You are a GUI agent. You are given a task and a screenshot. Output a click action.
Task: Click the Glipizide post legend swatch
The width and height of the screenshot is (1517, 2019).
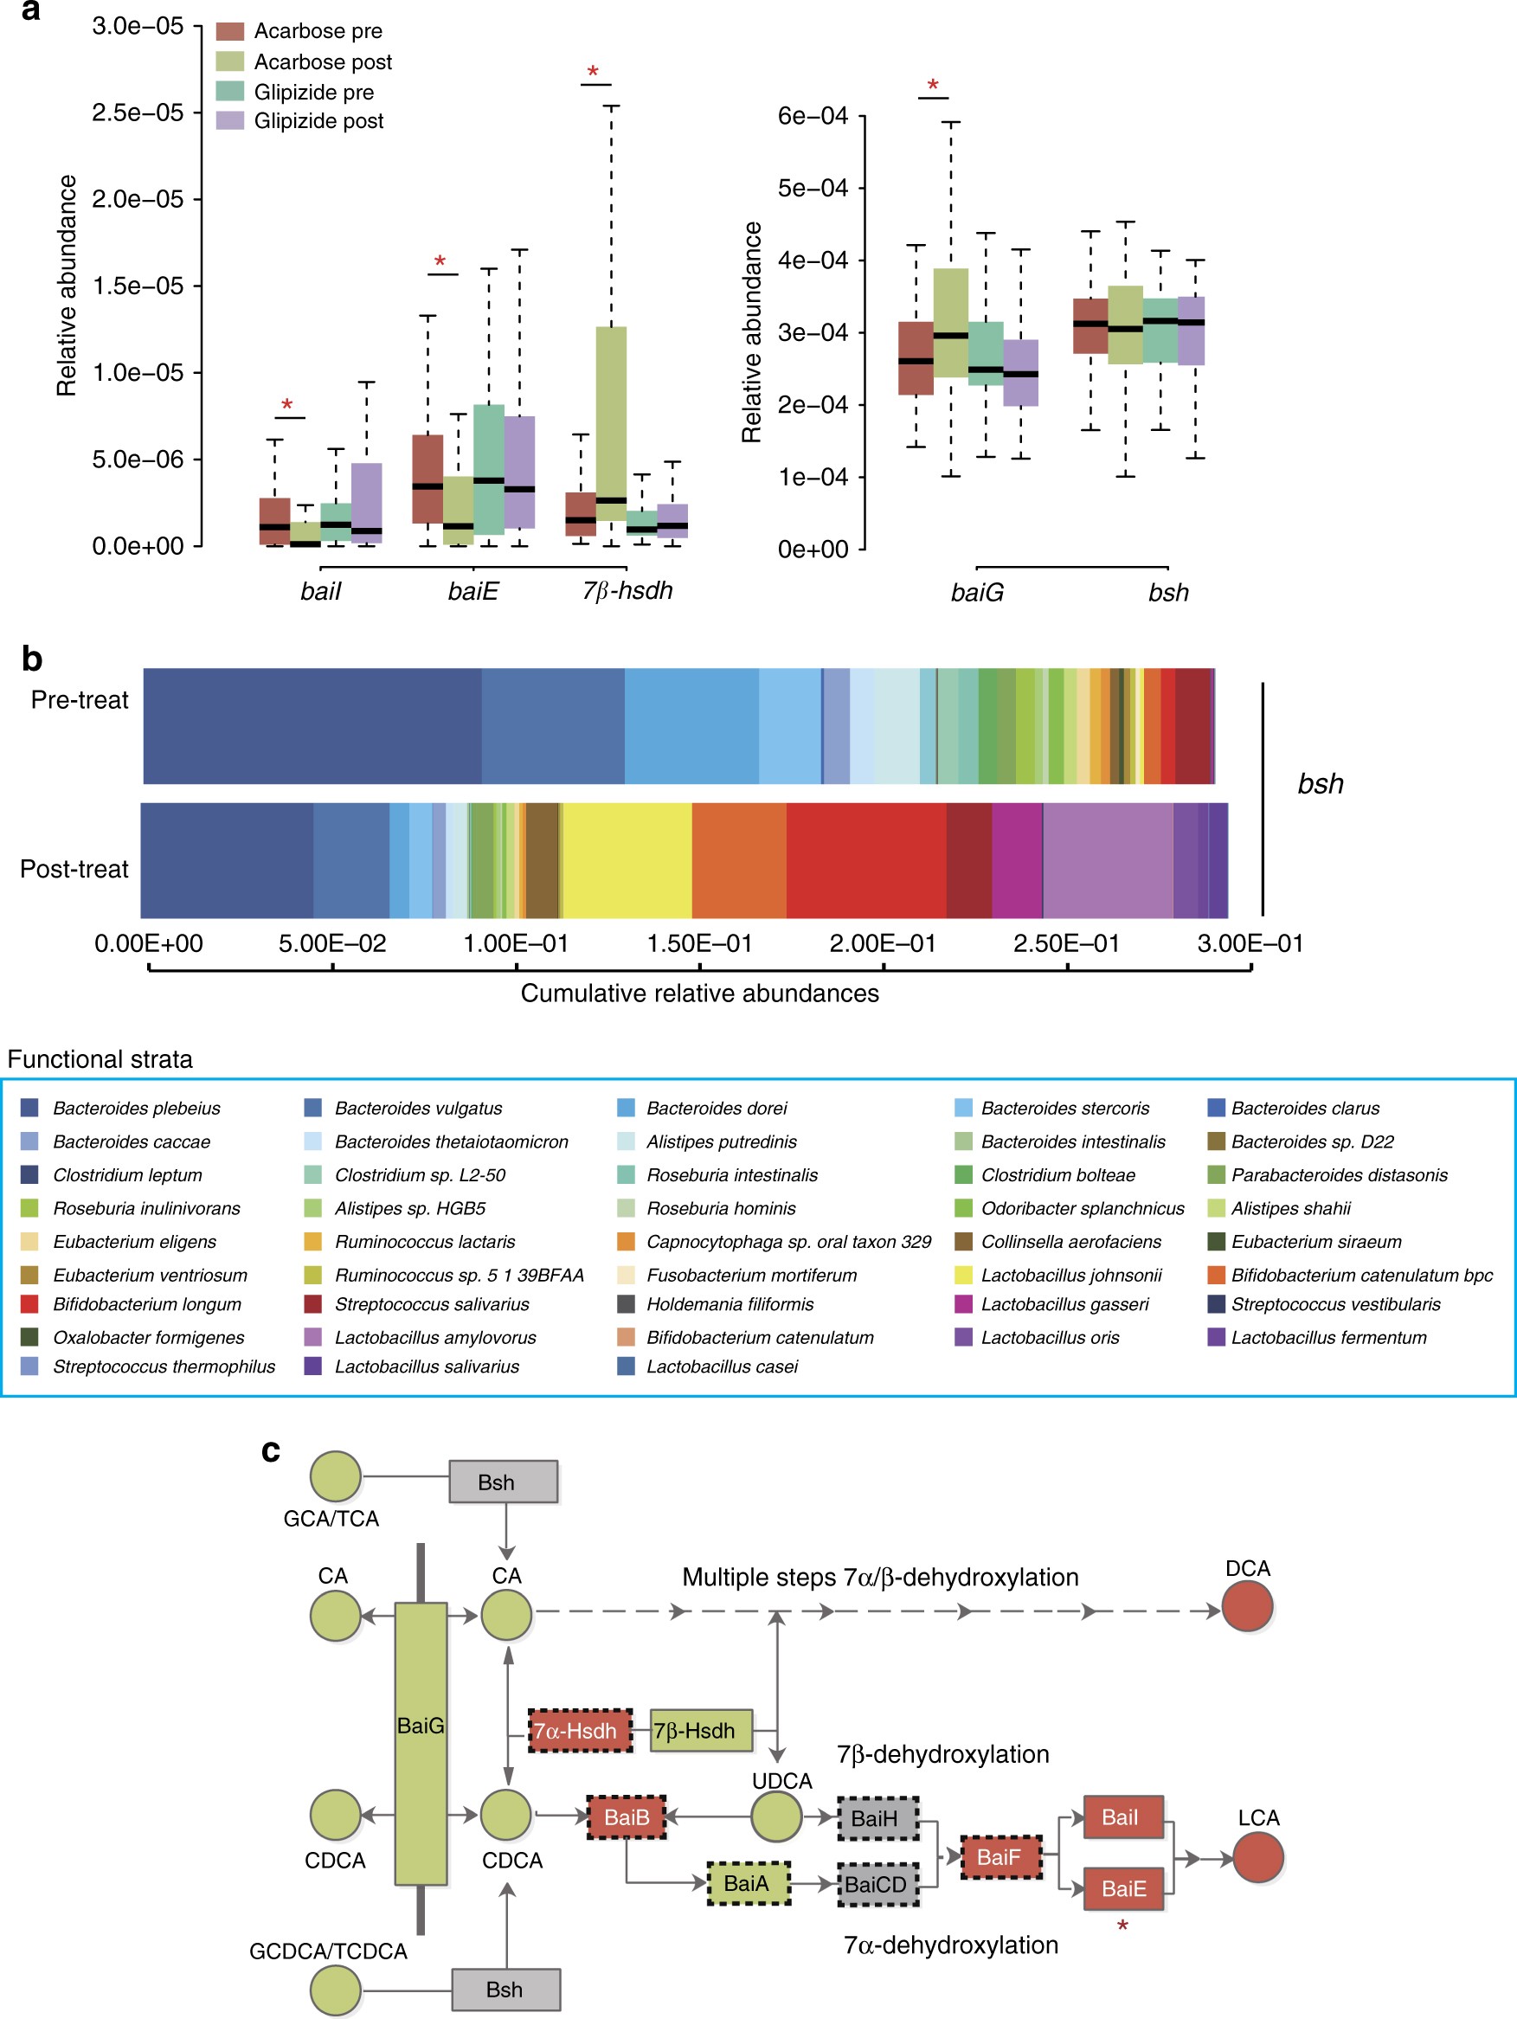click(229, 120)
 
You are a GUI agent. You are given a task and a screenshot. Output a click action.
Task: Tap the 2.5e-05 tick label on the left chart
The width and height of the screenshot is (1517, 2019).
click(138, 113)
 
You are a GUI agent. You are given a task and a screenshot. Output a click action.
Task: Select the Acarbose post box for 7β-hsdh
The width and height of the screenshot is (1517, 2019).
click(611, 423)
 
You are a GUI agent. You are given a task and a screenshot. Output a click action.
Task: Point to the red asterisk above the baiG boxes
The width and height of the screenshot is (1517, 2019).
click(933, 86)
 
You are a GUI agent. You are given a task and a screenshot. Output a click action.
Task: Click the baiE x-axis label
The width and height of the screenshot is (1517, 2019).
click(472, 591)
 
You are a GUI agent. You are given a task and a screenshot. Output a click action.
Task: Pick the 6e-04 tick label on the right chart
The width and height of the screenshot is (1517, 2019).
click(813, 116)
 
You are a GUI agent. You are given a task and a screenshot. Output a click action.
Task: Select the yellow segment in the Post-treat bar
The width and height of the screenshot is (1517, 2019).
click(627, 861)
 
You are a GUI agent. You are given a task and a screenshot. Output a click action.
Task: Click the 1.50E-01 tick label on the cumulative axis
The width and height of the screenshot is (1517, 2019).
click(699, 943)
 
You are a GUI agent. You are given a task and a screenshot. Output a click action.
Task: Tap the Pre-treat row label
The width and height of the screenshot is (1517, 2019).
click(80, 700)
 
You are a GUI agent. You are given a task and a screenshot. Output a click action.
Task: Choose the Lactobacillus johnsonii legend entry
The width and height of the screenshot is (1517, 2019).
click(1070, 1275)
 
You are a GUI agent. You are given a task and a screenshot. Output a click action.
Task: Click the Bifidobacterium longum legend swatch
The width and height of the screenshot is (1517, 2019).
click(29, 1304)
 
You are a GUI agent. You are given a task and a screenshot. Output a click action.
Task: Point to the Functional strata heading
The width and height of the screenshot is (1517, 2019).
click(100, 1058)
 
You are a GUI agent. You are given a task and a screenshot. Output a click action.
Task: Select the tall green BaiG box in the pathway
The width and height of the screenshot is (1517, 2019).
click(421, 1743)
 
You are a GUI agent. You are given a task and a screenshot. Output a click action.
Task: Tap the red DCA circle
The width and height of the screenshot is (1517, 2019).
click(1247, 1606)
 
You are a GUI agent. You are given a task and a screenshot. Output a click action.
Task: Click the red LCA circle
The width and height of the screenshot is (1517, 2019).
click(1257, 1856)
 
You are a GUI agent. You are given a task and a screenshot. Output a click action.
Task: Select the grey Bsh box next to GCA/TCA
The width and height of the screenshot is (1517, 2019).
click(503, 1482)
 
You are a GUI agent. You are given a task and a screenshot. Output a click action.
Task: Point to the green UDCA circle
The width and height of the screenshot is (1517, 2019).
click(776, 1816)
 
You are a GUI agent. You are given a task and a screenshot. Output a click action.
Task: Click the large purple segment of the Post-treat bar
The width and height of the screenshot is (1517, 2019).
click(1107, 861)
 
